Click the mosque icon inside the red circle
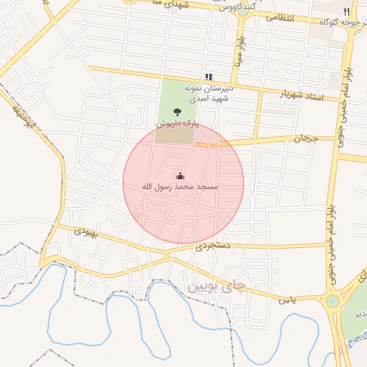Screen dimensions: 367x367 coord(179,176)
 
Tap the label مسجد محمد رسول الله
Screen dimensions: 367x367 coord(179,186)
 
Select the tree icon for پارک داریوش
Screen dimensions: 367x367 coord(176,112)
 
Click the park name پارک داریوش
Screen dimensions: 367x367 coord(176,123)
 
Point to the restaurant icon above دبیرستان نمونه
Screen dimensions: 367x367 coord(208,76)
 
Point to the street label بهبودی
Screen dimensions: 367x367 coord(85,232)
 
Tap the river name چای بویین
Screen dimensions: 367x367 coord(216,287)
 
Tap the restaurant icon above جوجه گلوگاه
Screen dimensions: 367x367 coord(347,11)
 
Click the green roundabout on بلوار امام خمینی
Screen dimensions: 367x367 coord(332,301)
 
